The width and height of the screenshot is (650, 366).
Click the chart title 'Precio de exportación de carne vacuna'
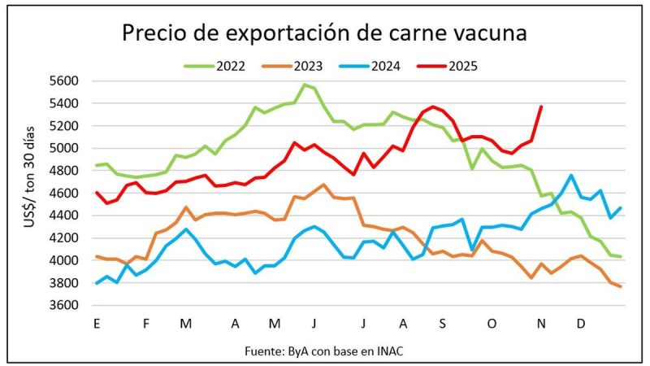324,33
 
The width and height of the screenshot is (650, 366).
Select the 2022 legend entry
219,66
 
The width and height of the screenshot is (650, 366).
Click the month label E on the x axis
97,323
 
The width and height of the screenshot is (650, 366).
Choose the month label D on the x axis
581,323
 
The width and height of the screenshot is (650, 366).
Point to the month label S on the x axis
443,323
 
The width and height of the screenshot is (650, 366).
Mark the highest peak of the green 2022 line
305,85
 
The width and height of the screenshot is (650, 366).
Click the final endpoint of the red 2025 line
541,107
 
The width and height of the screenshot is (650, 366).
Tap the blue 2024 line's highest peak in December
572,175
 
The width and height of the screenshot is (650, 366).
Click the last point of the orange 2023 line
621,286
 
